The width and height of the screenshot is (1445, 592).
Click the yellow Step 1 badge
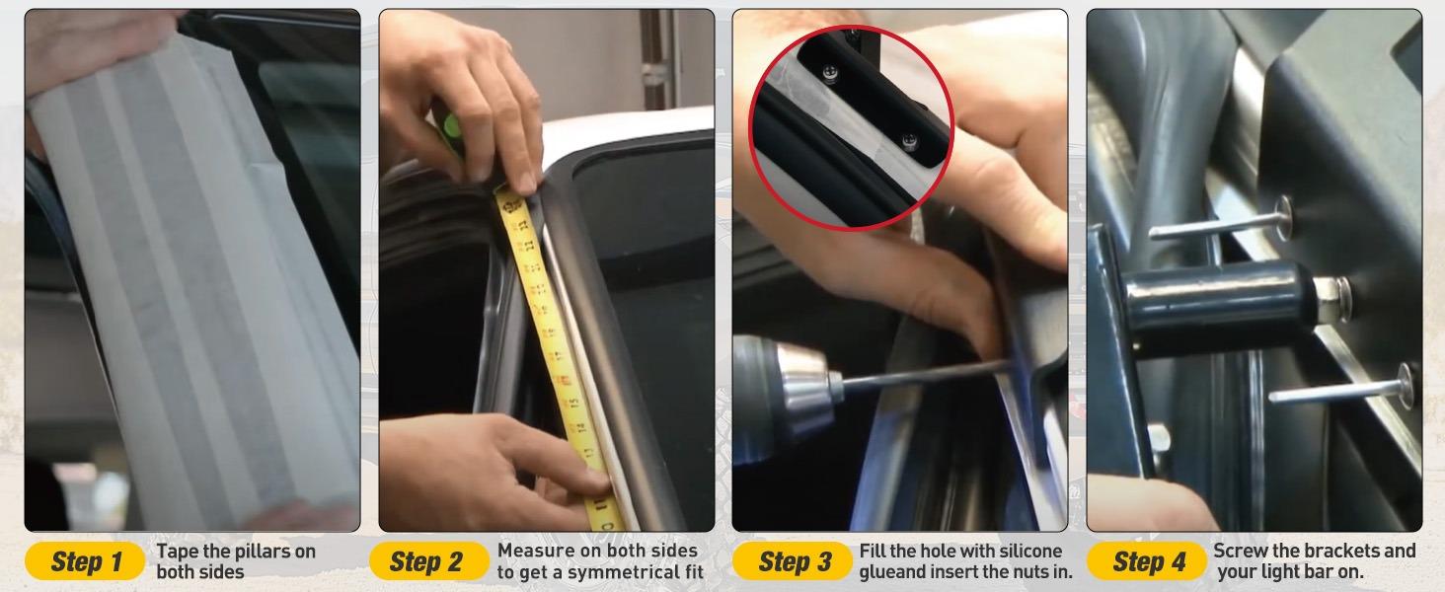(x=85, y=561)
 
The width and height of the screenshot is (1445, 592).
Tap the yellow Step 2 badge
(x=429, y=561)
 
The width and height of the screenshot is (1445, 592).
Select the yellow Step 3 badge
(x=793, y=561)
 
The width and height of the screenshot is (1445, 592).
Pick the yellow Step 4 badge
(x=1146, y=561)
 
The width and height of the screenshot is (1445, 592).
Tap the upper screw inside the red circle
(x=830, y=74)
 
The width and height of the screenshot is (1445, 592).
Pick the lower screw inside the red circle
(x=910, y=140)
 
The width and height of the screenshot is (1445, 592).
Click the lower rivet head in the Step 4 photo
(x=1405, y=385)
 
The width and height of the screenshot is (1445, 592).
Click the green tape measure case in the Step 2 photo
(x=452, y=132)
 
